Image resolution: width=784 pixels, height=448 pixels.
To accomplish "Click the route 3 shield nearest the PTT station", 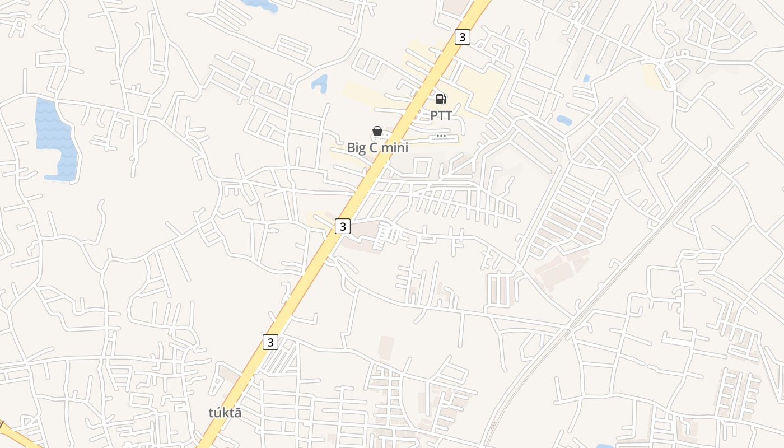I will pyautogui.click(x=462, y=38).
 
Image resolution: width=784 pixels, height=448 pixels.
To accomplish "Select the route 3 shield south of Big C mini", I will pyautogui.click(x=343, y=226).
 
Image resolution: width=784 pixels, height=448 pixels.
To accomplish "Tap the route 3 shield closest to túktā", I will pyautogui.click(x=270, y=342).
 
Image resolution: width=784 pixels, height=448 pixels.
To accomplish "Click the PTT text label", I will pyautogui.click(x=441, y=116).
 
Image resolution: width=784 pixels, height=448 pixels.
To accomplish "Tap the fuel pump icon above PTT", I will pyautogui.click(x=441, y=99).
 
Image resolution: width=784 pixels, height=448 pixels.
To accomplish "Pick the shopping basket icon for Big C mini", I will pyautogui.click(x=377, y=131).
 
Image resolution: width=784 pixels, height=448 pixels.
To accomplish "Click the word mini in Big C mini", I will pyautogui.click(x=394, y=148).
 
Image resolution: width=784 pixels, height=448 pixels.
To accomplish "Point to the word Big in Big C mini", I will pyautogui.click(x=356, y=148).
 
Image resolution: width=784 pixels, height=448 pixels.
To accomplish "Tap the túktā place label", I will pyautogui.click(x=225, y=413).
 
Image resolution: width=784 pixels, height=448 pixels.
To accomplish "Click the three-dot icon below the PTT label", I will pyautogui.click(x=441, y=136).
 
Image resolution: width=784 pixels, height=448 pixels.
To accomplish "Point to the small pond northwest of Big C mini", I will pyautogui.click(x=320, y=83).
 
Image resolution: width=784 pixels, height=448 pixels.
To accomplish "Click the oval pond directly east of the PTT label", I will pyautogui.click(x=564, y=120).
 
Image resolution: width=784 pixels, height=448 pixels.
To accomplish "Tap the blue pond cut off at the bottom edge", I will pyautogui.click(x=604, y=446).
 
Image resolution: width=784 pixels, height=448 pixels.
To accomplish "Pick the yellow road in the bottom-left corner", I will pyautogui.click(x=17, y=436).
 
